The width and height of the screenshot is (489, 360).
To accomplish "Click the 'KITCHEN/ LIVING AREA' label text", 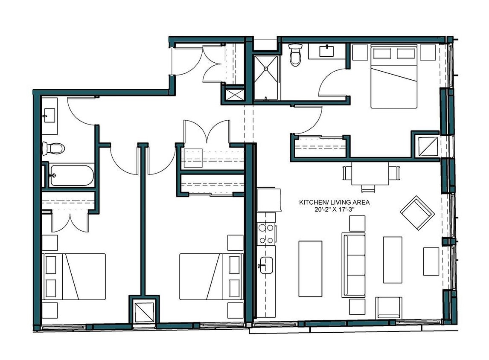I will point(334,202).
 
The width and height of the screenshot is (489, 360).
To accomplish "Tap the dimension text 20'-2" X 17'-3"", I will point(334,209).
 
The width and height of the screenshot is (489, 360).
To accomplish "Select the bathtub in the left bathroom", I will point(72,175).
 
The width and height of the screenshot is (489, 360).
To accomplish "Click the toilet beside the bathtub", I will point(53,148).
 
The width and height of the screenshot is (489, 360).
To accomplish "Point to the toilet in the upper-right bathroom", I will point(295,55).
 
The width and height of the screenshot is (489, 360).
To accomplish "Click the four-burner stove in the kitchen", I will point(267,234).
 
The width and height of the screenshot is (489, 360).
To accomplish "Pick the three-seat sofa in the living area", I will point(354,264).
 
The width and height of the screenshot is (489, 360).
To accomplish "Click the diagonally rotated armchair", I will point(417,212).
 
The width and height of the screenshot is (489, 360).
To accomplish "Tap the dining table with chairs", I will point(370,175).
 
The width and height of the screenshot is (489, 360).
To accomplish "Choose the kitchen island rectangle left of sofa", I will point(310,268).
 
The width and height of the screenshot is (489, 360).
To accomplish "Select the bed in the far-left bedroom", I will point(74,276).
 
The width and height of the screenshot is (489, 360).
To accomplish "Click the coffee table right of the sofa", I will point(392,260).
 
